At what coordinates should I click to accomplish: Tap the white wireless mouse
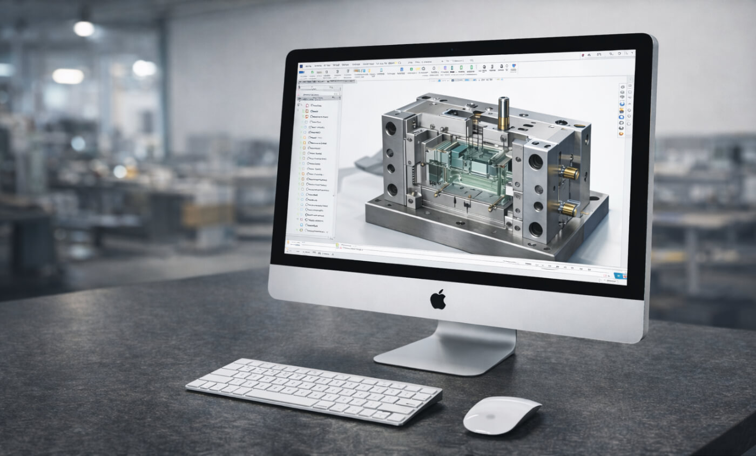(x=501, y=414)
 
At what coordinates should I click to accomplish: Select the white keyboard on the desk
(x=313, y=391)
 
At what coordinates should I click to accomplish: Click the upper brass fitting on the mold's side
(x=569, y=173)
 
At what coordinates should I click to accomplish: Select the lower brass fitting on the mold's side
(x=566, y=209)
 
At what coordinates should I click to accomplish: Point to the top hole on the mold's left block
(x=390, y=128)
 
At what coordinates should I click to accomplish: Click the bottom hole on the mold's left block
(x=392, y=189)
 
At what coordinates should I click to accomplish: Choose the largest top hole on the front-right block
(x=535, y=161)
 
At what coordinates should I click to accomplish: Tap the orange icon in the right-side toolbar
(x=621, y=133)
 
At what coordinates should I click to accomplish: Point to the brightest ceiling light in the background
(x=84, y=28)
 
